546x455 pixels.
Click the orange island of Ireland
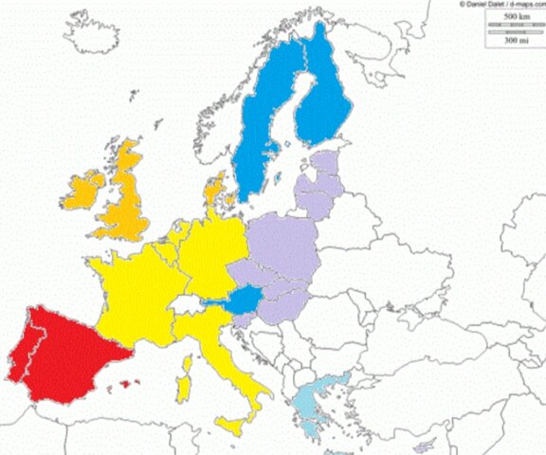[83, 190]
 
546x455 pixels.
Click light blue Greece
[322, 398]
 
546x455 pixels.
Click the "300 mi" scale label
[517, 41]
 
